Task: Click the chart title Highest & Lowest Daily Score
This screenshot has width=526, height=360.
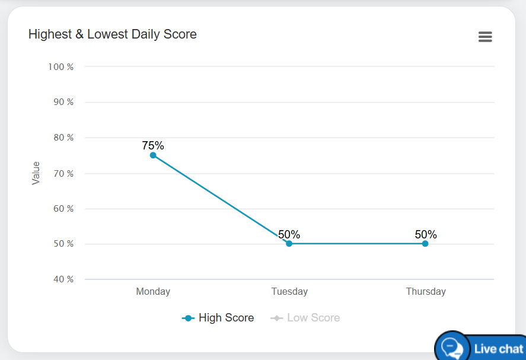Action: tap(113, 34)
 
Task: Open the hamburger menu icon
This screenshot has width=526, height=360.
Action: tap(485, 37)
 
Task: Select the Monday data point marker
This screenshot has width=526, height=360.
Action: tap(153, 155)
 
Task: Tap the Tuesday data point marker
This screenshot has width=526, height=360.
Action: tap(289, 244)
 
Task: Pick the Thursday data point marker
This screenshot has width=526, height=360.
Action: tap(425, 244)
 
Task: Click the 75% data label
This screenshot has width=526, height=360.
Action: tap(153, 145)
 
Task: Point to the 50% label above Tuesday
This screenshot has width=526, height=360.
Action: tap(289, 234)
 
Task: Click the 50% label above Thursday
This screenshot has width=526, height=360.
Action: tap(426, 234)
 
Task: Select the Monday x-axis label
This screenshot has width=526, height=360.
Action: tap(153, 291)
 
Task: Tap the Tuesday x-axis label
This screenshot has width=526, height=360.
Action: tap(289, 291)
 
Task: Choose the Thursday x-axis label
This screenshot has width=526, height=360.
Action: tap(426, 291)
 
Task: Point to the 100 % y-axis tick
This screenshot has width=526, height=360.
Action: tap(61, 67)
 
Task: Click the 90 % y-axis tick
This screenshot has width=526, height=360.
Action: tap(62, 102)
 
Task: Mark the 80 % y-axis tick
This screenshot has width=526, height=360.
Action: tap(62, 138)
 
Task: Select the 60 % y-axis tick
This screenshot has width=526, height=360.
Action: tap(62, 209)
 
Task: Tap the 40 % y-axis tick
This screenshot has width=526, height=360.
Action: tap(62, 279)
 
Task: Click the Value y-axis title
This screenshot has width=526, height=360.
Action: tap(36, 173)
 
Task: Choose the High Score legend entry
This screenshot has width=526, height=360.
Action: tap(218, 318)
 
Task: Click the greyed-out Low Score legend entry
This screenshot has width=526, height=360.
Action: tap(306, 318)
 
